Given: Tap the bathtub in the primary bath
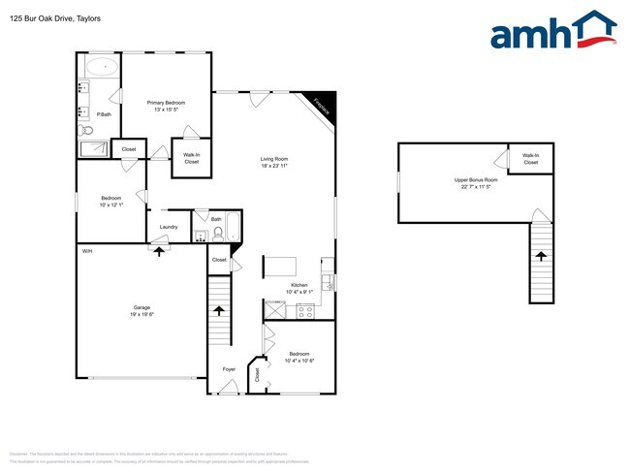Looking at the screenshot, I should click(x=101, y=69).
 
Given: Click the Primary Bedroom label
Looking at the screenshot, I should click(x=166, y=102).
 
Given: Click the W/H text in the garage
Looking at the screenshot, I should click(x=87, y=251).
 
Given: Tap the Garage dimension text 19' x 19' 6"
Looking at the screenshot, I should click(x=142, y=315).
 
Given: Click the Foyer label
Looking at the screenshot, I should click(x=229, y=369).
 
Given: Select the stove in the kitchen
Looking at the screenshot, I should click(x=306, y=310).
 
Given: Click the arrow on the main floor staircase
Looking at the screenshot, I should click(x=220, y=311).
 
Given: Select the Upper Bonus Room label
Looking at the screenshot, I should click(x=476, y=180).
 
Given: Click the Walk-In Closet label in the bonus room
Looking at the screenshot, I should click(x=530, y=159).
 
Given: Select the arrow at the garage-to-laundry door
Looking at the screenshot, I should click(x=158, y=250).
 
